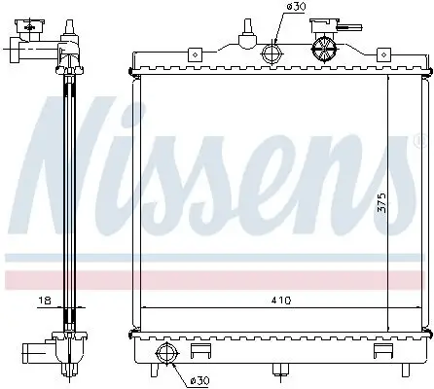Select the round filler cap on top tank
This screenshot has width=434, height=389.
322,47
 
